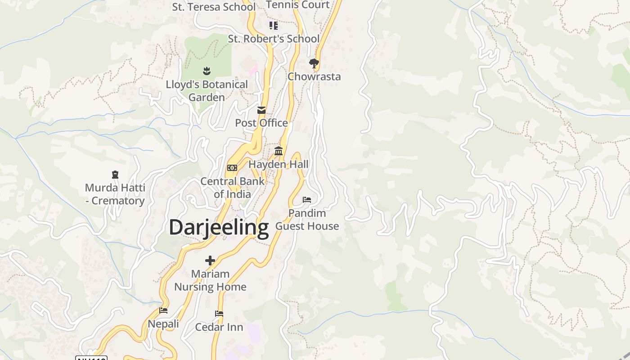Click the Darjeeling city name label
pos(219,227)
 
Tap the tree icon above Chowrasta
pos(314,63)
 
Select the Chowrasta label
pos(314,76)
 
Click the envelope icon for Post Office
pos(261,110)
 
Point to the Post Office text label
pos(261,123)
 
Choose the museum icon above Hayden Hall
pos(279,151)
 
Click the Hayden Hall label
pos(279,164)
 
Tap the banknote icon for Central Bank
pos(232,168)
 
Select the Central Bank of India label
pos(232,188)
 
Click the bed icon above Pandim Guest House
pos(307,199)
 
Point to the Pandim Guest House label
pos(307,219)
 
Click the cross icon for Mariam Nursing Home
pos(210,261)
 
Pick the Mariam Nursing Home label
pos(210,280)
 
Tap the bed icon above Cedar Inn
pos(219,314)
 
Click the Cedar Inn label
pos(219,327)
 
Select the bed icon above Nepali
pos(163,310)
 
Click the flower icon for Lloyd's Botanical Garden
pos(207,71)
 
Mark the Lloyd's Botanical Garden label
pos(207,90)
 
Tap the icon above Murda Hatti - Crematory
pos(115,175)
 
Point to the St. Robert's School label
pos(274,39)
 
